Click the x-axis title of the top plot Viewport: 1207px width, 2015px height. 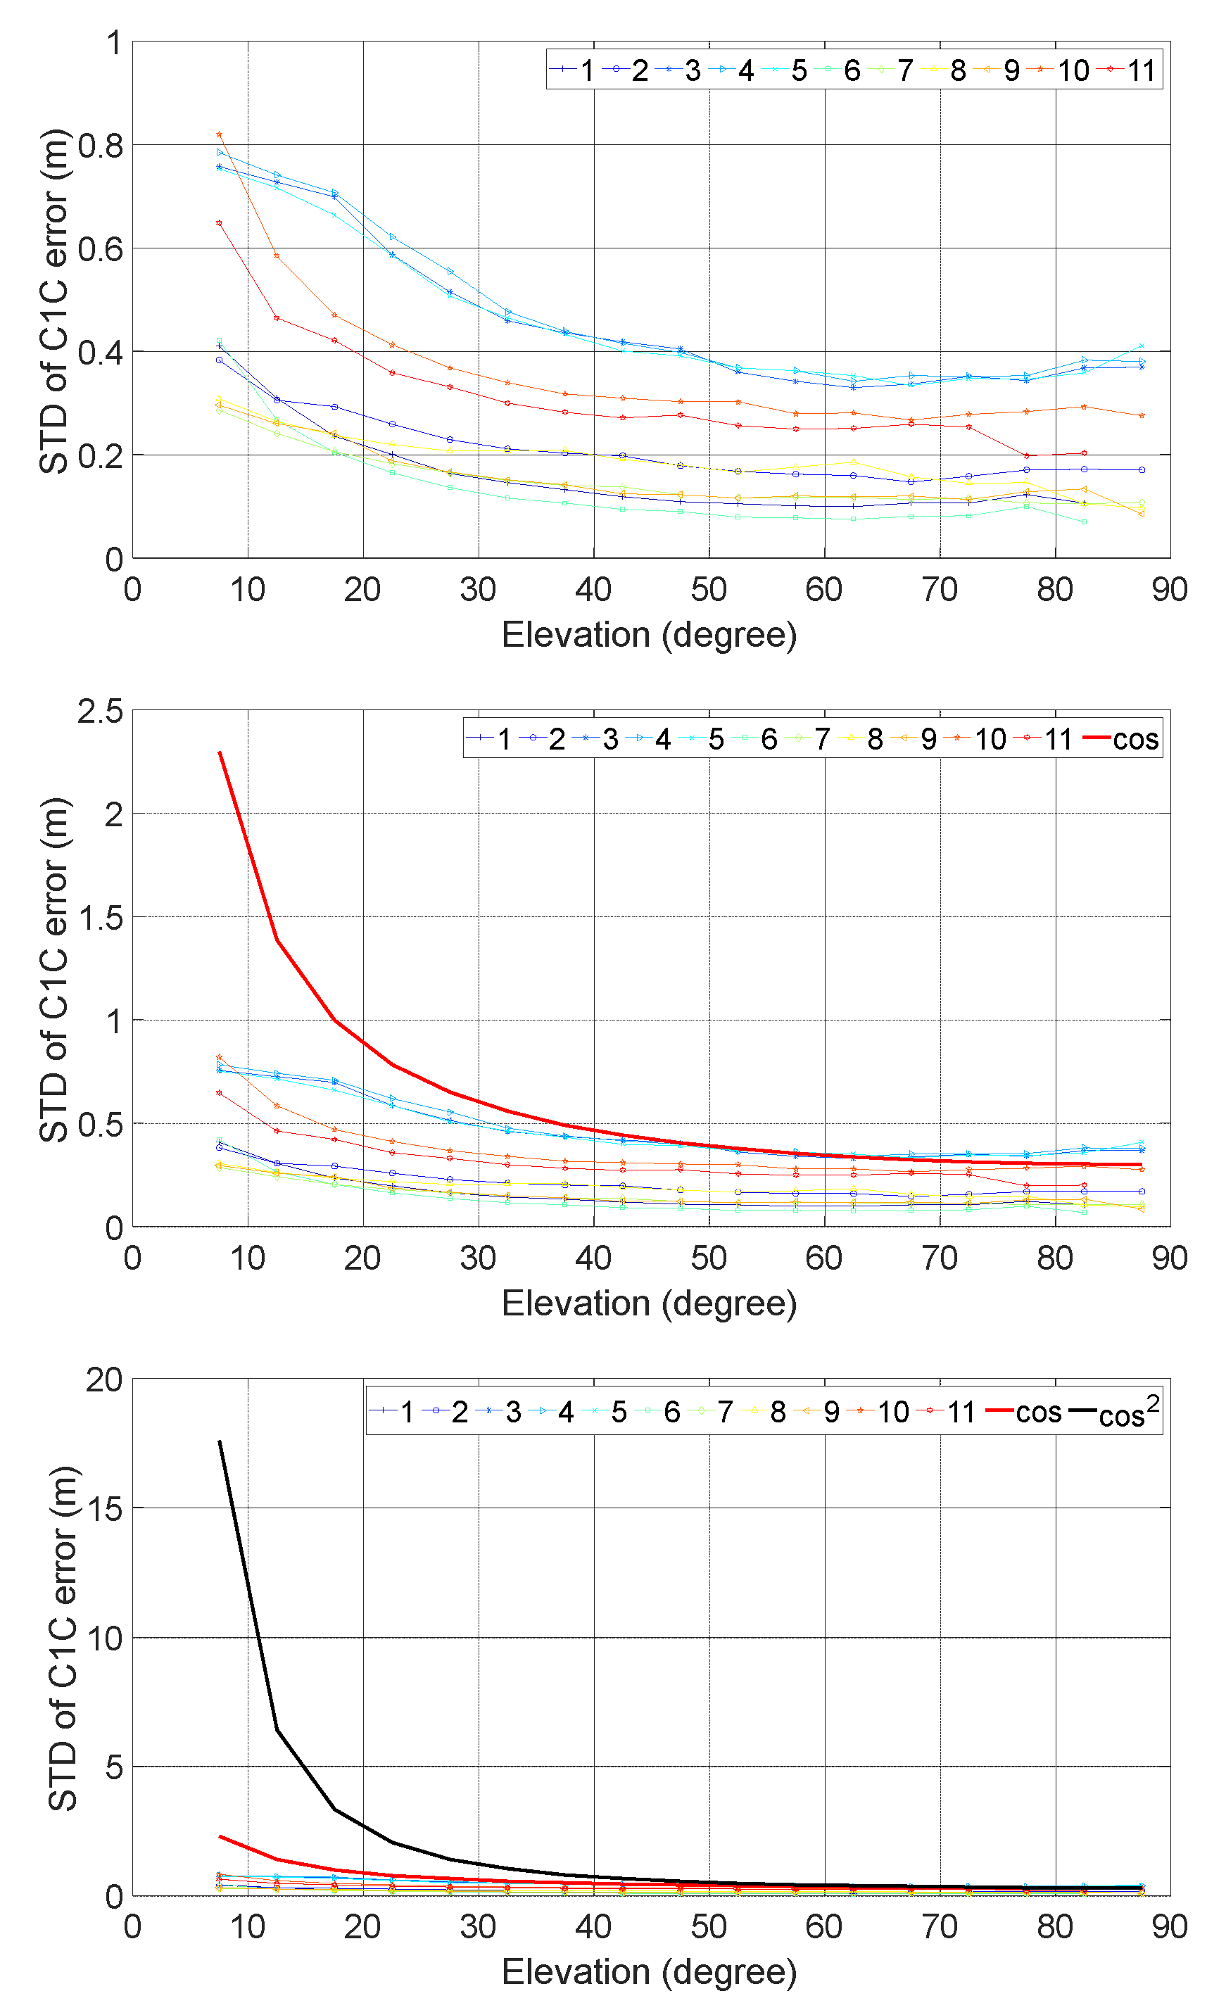pos(648,635)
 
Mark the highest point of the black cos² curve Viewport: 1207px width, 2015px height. pos(220,1441)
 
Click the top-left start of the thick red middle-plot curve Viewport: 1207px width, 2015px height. pos(220,752)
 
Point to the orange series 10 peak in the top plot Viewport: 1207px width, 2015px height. pos(220,134)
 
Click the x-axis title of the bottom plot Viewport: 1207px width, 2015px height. pos(648,1973)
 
